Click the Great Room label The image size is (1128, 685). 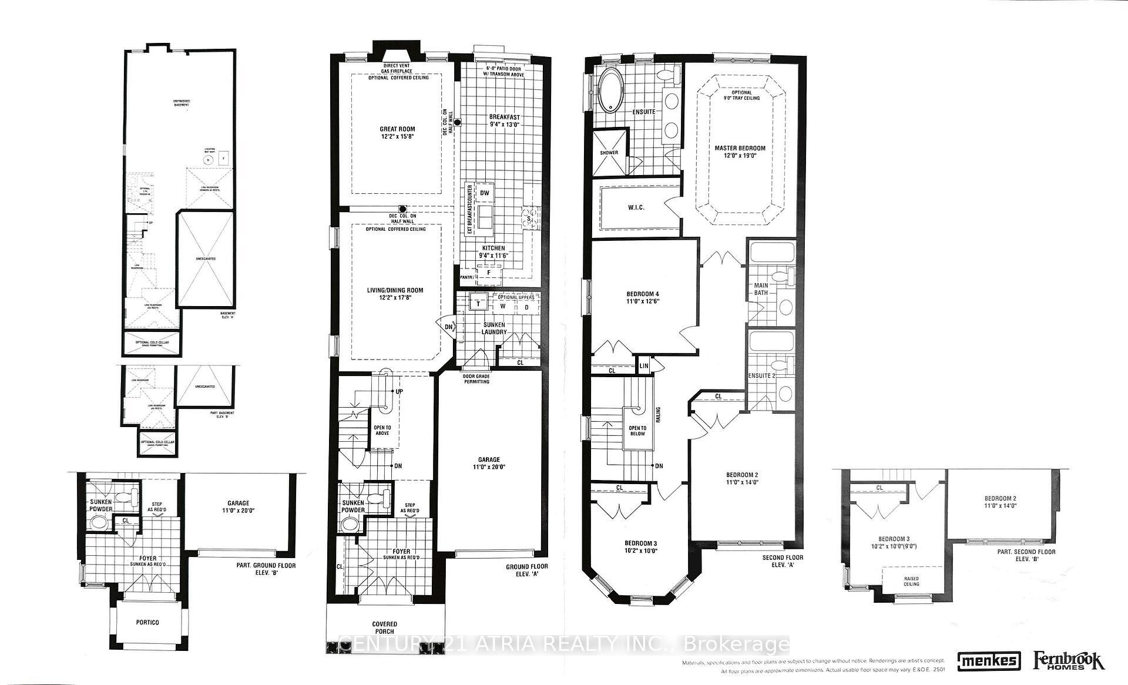[397, 133]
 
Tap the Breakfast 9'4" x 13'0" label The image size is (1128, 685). [505, 120]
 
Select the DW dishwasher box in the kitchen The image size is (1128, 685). [485, 193]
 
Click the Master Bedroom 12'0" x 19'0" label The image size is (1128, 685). [740, 152]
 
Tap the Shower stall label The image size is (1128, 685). [609, 153]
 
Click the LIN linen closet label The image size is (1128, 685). [644, 365]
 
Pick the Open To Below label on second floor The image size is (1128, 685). [637, 431]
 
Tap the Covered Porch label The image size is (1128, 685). [384, 627]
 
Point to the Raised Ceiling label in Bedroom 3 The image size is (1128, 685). [911, 582]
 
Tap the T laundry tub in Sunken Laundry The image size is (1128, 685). [478, 304]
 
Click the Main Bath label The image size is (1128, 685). [761, 288]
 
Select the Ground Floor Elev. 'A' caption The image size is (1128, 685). [526, 570]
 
